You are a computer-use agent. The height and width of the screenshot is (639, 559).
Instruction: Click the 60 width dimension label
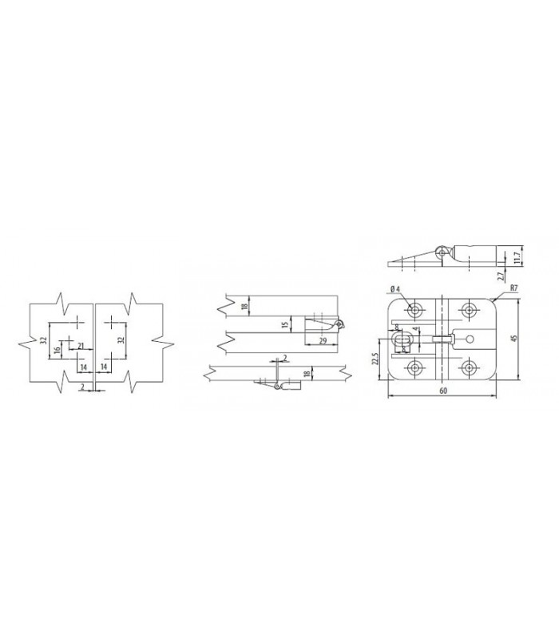tap(443, 391)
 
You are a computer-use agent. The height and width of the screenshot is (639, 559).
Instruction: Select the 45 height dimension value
tap(513, 338)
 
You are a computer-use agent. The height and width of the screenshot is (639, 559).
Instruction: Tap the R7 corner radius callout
tap(513, 288)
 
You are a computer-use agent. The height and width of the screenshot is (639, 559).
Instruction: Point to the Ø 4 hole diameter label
tap(394, 289)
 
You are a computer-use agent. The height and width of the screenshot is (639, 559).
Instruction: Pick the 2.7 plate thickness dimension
tap(500, 276)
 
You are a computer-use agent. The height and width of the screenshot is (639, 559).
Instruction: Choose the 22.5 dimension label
tap(375, 359)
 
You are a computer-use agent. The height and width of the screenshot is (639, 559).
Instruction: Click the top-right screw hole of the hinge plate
tap(470, 310)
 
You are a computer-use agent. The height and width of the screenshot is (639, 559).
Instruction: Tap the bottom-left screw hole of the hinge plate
tap(414, 367)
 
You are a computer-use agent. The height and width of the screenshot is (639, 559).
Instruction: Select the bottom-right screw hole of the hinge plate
tap(470, 367)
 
